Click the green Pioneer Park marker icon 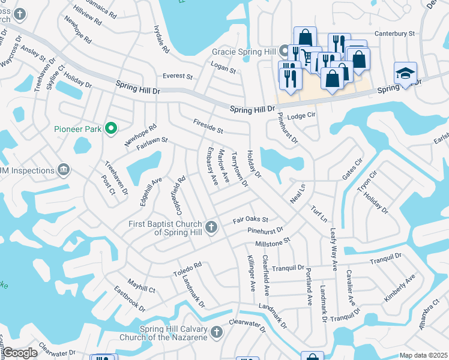pos(110,128)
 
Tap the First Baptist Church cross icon pos(211,227)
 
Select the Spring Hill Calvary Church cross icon pos(216,331)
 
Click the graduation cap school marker pos(405,74)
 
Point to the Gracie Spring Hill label pos(244,52)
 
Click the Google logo pos(20,353)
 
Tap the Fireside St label pos(208,126)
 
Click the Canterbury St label pos(395,34)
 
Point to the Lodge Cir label pos(301,115)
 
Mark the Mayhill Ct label pos(141,285)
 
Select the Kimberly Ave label pos(400,289)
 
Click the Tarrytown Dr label pos(240,169)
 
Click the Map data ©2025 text pos(423,355)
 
